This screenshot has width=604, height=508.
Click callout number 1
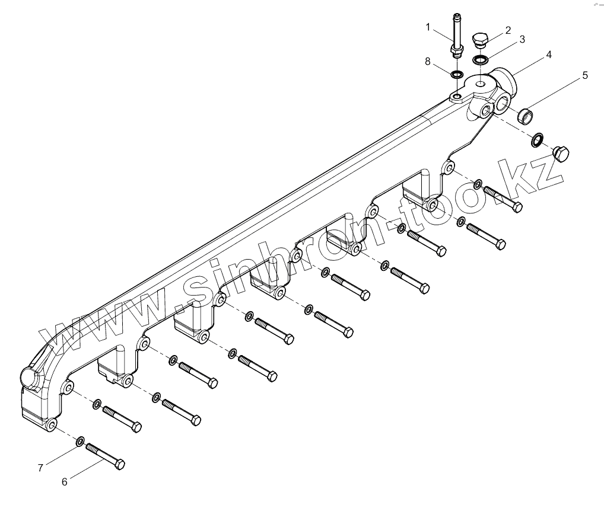[x=428, y=27]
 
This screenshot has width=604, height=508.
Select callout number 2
[x=508, y=29]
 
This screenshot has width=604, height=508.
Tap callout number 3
[x=522, y=40]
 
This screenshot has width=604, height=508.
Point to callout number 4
[x=549, y=54]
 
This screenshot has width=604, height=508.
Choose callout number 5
[x=584, y=75]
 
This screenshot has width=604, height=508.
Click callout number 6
[x=65, y=481]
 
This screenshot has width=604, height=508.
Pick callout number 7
[x=40, y=468]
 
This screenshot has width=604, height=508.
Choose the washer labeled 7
[x=80, y=441]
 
